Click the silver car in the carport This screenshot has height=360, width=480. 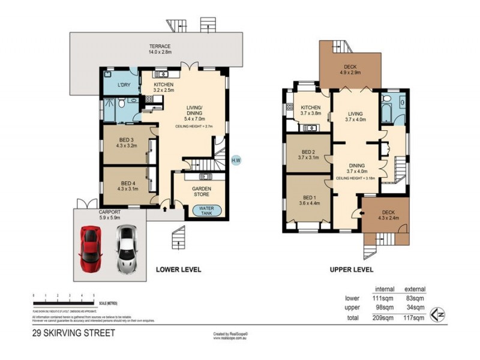coord(127,249)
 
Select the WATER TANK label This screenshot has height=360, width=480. coord(205,211)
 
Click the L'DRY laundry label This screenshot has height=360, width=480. coord(124,84)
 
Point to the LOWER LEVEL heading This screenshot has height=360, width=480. coord(178,269)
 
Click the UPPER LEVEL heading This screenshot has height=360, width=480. coord(352,269)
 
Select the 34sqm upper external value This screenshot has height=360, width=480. coord(415,307)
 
